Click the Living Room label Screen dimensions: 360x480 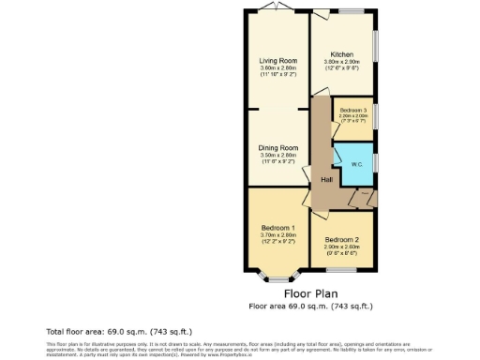277,62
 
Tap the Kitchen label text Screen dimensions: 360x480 342,55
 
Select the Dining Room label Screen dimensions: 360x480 277,148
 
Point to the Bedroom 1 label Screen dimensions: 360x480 278,229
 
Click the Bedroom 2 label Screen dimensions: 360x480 343,240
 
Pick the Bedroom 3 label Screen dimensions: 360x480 353,112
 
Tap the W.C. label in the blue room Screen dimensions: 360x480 357,165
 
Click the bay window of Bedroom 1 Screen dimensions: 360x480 278,277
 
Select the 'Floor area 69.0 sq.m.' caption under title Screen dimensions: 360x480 311,306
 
